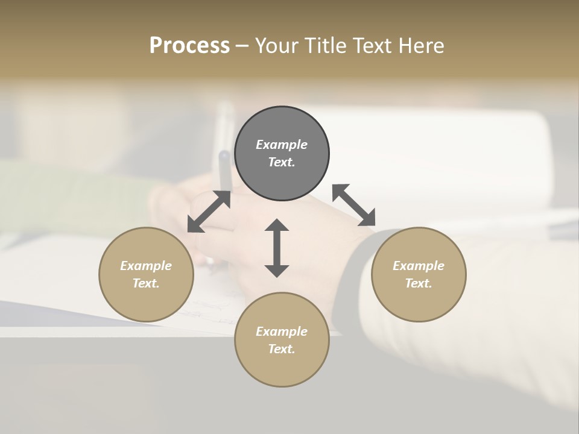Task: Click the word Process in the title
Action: pyautogui.click(x=189, y=45)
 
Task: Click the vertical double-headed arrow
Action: pyautogui.click(x=277, y=248)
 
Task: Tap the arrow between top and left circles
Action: pyautogui.click(x=209, y=211)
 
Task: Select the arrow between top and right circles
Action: pyautogui.click(x=353, y=205)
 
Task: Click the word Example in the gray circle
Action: pyautogui.click(x=282, y=145)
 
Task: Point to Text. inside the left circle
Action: pyautogui.click(x=146, y=283)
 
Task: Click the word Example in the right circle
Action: pyautogui.click(x=419, y=266)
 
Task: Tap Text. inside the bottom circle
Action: pyautogui.click(x=282, y=349)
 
